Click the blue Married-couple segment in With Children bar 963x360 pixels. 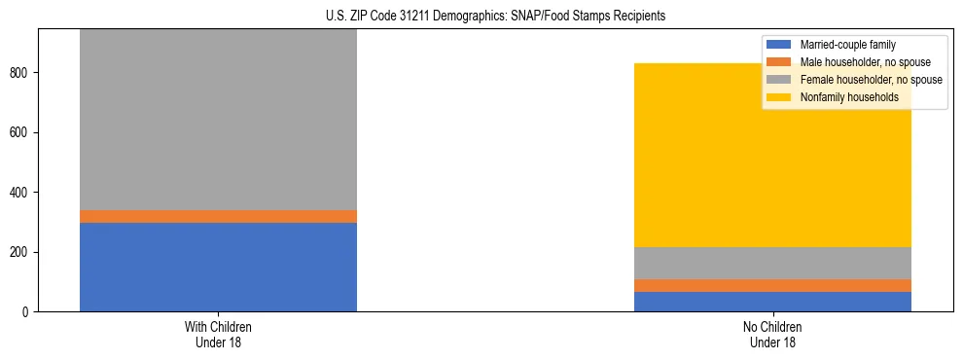pyautogui.click(x=218, y=267)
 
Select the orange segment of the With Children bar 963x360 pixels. pyautogui.click(x=218, y=216)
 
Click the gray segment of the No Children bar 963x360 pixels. pyautogui.click(x=772, y=263)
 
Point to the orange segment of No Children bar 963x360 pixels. pyautogui.click(x=772, y=285)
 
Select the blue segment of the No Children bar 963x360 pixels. pyautogui.click(x=772, y=302)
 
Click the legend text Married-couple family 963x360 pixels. pyautogui.click(x=847, y=45)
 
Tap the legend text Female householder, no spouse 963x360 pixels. pyautogui.click(x=870, y=80)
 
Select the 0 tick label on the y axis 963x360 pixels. pyautogui.click(x=28, y=312)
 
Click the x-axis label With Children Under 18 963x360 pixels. pyautogui.click(x=218, y=334)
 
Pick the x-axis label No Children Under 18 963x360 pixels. pyautogui.click(x=772, y=334)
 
